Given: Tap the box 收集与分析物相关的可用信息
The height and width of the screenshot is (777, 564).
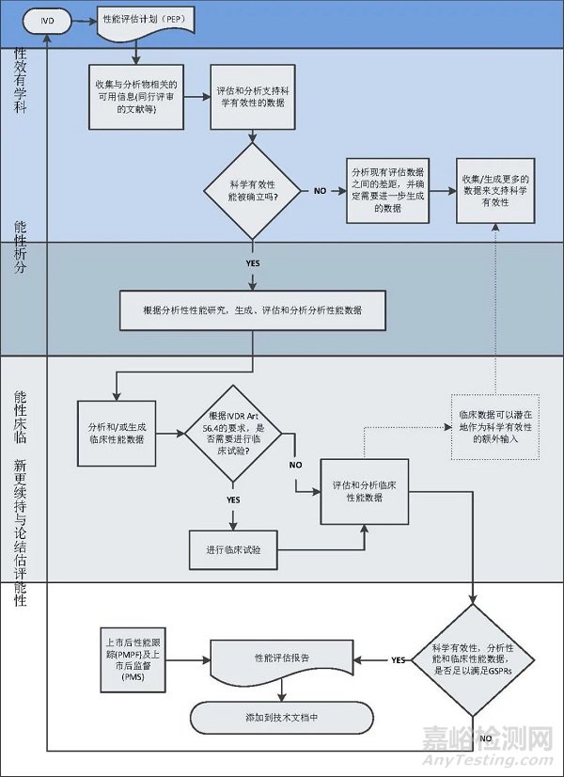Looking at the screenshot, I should [x=135, y=96].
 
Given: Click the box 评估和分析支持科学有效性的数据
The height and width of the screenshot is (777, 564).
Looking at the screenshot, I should [x=253, y=96].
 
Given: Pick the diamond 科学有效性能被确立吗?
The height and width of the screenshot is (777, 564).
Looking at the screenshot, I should [x=253, y=190].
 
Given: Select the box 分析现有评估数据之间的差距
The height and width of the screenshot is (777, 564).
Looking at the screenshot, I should [x=386, y=190].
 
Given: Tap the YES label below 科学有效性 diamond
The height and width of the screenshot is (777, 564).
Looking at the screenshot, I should [x=253, y=263].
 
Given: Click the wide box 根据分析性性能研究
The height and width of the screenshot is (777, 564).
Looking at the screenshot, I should [x=253, y=309].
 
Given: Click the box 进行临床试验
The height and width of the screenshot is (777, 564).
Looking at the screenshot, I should [x=234, y=550].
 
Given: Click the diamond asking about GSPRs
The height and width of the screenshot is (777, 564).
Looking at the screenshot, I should [x=482, y=660].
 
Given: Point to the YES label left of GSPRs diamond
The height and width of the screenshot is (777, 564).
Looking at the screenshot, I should [x=399, y=660].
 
